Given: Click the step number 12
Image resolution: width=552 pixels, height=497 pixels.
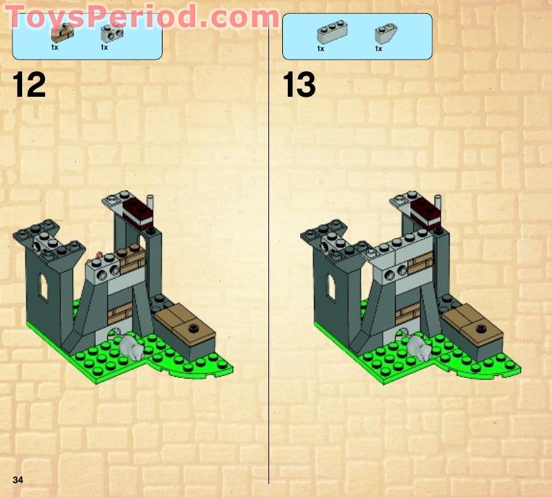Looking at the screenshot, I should tap(29, 84).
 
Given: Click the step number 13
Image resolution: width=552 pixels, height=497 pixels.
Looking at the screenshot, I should tap(299, 85).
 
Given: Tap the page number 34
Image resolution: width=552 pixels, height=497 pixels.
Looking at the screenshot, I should tap(17, 480).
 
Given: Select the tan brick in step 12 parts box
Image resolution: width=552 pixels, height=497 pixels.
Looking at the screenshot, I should tap(66, 31).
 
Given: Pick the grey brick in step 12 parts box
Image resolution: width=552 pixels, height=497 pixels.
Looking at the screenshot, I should tap(107, 31).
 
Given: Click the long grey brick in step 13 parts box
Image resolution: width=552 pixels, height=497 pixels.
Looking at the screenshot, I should tap(332, 30).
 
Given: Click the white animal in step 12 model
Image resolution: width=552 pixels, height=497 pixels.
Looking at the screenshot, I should tap(130, 346).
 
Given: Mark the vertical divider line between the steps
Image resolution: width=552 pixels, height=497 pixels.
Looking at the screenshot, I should tap(268, 276).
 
